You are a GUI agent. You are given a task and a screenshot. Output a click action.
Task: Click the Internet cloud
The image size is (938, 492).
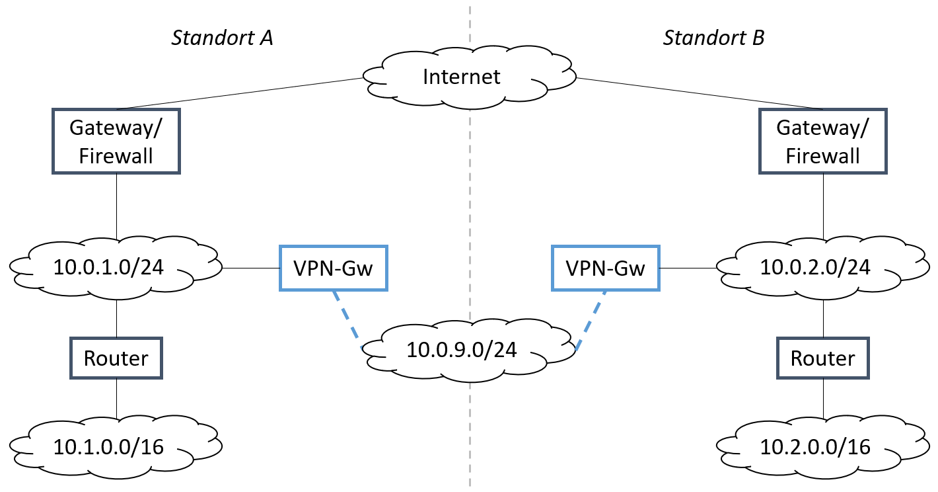pyautogui.click(x=462, y=77)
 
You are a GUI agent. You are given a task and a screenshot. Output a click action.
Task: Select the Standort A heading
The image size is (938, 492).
pyautogui.click(x=222, y=38)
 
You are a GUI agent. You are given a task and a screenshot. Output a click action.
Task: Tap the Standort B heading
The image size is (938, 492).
pyautogui.click(x=713, y=38)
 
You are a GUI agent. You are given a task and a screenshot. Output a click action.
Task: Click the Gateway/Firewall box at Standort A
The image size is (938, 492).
pyautogui.click(x=116, y=142)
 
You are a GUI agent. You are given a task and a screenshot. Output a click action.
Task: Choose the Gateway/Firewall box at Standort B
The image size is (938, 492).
pyautogui.click(x=823, y=142)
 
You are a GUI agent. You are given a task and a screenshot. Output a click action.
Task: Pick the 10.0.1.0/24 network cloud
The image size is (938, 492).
pyautogui.click(x=116, y=267)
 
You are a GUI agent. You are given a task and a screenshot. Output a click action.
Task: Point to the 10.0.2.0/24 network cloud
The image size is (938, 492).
pyautogui.click(x=824, y=267)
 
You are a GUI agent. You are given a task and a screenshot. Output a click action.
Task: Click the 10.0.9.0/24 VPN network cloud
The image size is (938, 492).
pyautogui.click(x=462, y=350)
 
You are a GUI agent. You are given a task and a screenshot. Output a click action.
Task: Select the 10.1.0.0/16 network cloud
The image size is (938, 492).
pyautogui.click(x=116, y=446)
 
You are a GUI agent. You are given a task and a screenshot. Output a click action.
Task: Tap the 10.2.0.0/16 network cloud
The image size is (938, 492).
pyautogui.click(x=824, y=446)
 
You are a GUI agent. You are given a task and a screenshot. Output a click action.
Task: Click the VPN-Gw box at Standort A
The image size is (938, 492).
pyautogui.click(x=334, y=268)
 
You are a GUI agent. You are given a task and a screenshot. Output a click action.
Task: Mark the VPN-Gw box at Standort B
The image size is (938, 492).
pyautogui.click(x=605, y=268)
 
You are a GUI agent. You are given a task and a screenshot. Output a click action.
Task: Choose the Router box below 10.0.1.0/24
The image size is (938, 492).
pyautogui.click(x=116, y=358)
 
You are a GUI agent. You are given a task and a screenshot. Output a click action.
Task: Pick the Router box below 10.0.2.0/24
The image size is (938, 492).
pyautogui.click(x=823, y=358)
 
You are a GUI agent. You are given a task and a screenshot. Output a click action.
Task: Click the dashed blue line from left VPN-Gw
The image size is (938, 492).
pyautogui.click(x=348, y=319)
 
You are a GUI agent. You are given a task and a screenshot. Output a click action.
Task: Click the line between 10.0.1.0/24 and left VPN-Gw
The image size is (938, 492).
pyautogui.click(x=251, y=268)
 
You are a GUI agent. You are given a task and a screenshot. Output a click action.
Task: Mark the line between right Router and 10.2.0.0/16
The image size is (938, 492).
pyautogui.click(x=823, y=398)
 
